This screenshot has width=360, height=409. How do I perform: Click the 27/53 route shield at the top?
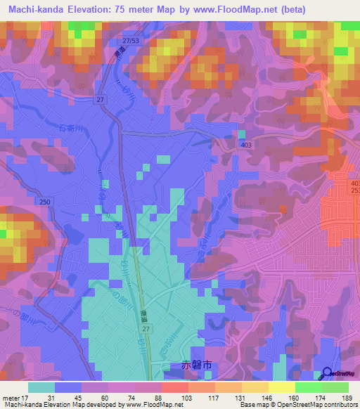(x=130, y=41)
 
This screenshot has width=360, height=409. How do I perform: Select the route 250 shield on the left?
(x=46, y=202)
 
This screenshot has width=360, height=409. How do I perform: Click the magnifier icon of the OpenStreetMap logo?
(x=328, y=373)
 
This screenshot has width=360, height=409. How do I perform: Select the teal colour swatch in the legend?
(x=41, y=387)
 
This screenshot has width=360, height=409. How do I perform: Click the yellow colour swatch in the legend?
(x=282, y=387)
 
